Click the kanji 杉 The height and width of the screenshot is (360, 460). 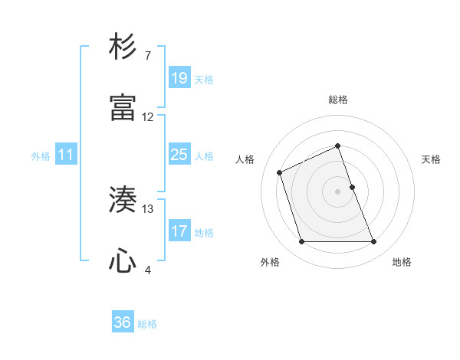(x=123, y=47)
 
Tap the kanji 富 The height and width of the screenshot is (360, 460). (x=123, y=108)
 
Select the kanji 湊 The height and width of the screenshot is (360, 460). (x=123, y=200)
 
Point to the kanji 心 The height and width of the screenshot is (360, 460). (x=123, y=261)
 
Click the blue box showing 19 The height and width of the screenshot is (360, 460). (x=179, y=78)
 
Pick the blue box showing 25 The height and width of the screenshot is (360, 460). (x=179, y=155)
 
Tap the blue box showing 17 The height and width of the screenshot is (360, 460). (x=179, y=231)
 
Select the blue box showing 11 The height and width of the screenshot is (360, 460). (x=66, y=155)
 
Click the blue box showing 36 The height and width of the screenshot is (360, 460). (x=123, y=322)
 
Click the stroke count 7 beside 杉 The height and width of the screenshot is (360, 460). (x=147, y=56)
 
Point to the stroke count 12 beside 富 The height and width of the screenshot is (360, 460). (x=148, y=117)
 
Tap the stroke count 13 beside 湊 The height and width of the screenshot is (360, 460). (x=148, y=208)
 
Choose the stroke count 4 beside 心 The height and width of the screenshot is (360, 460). (x=147, y=270)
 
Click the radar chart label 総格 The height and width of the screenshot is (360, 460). (x=338, y=100)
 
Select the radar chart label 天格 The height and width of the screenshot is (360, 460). (x=432, y=159)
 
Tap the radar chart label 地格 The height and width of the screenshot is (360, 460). (x=402, y=262)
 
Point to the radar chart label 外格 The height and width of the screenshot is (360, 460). (x=270, y=262)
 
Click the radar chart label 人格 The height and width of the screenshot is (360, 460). (x=245, y=159)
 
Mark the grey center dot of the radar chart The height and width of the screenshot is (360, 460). (x=338, y=191)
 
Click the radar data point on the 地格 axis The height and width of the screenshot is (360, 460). (x=374, y=242)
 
